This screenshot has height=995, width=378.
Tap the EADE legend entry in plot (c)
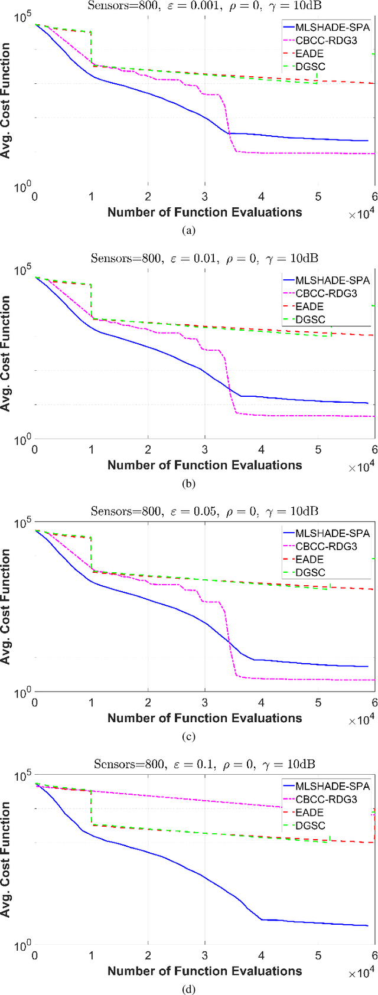[309, 559]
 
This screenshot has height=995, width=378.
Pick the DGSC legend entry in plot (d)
[310, 826]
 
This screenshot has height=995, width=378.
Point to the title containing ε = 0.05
[204, 511]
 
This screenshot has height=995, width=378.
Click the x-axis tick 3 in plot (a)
[205, 197]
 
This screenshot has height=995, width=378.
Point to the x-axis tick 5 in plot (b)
[318, 450]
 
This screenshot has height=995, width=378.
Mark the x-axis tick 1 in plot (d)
[92, 955]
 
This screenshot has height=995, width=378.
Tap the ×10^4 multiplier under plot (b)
[361, 467]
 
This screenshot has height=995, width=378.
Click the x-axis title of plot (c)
[204, 718]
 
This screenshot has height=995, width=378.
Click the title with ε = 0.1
[204, 764]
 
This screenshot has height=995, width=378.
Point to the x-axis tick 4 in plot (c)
[262, 703]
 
